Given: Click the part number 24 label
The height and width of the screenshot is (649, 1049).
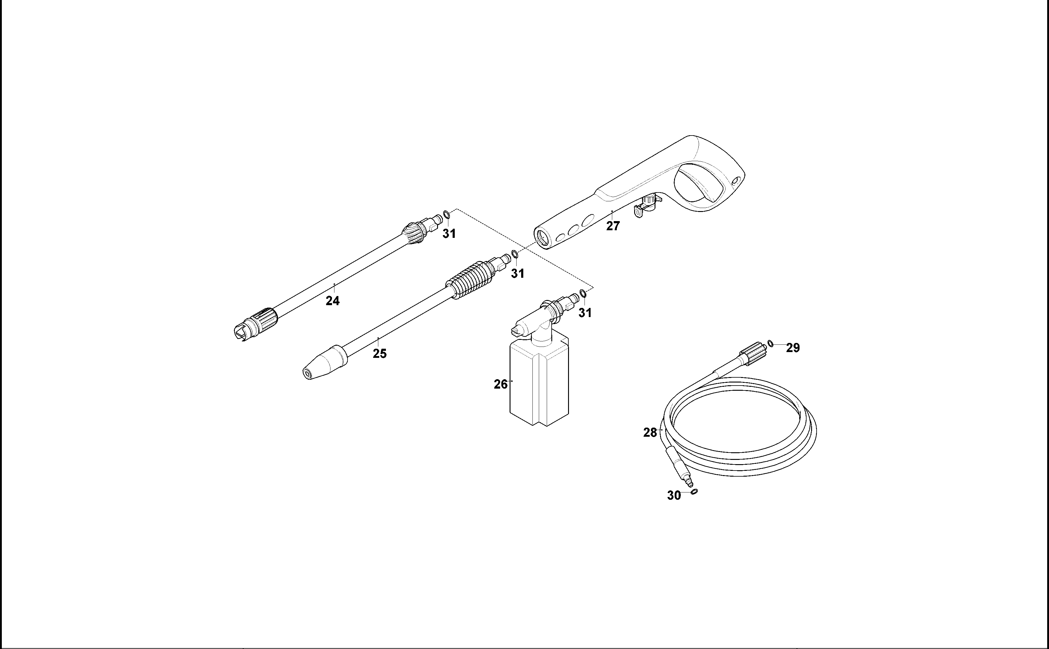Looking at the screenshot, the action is [x=332, y=301].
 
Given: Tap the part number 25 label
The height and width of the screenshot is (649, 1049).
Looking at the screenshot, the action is [x=380, y=354].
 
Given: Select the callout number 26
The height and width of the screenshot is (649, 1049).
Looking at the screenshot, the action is [x=500, y=385].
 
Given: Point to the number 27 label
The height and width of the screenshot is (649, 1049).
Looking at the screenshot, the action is [x=613, y=226].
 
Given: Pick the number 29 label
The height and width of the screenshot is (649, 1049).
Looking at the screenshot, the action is [x=793, y=348].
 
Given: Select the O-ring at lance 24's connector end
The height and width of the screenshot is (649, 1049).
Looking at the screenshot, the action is [x=447, y=214].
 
